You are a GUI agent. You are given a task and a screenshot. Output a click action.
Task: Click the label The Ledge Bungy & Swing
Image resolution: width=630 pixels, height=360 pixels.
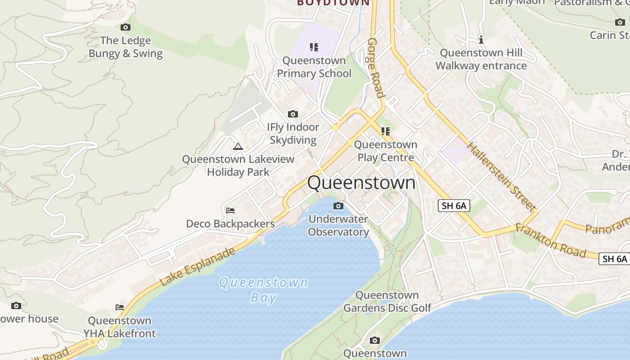coord(125,47)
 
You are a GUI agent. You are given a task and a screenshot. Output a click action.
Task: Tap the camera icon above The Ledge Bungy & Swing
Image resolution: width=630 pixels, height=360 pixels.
coord(126,27)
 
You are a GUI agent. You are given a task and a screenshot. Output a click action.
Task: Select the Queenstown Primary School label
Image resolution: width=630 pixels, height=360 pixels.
coord(314,67)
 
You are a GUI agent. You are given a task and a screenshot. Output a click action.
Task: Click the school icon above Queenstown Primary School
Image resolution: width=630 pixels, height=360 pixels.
coord(314,47)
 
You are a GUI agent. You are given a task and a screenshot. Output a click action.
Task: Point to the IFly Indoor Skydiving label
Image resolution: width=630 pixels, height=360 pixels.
coord(293,133)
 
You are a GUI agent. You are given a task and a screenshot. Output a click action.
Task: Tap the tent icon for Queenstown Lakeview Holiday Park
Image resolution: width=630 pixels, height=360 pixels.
coord(238,146)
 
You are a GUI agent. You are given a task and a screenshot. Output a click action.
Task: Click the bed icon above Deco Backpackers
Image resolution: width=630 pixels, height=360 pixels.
coord(230,210)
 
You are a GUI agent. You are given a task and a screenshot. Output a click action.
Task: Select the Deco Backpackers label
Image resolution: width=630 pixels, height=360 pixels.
coord(230,224)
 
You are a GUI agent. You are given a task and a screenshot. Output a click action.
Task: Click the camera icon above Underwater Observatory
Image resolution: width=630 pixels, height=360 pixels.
coord(338,206)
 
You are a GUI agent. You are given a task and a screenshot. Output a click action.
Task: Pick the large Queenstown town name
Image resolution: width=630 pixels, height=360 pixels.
coord(361,183)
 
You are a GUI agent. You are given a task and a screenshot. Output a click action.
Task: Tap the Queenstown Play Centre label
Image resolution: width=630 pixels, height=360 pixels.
coord(386,151)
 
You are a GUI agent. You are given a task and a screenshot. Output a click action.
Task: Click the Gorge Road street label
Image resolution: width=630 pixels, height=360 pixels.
coord(376,67)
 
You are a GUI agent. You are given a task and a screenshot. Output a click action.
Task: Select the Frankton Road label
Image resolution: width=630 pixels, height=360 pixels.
coord(551,240)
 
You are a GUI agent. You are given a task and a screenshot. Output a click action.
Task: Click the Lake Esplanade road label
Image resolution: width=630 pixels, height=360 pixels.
coord(198,266)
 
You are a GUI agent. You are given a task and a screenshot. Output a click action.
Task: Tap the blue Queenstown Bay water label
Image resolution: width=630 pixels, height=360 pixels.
coord(263,290)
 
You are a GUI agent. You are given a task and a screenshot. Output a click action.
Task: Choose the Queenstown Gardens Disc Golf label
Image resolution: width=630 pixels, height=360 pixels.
coord(387,301)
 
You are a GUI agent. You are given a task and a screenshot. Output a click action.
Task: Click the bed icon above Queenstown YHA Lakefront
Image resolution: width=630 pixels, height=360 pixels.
coord(119,307)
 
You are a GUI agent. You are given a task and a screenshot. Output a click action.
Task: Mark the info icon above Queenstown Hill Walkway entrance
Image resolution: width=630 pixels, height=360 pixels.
coord(481,40)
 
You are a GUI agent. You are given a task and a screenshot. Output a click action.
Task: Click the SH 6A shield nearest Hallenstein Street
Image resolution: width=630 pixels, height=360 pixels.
coord(454,206)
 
